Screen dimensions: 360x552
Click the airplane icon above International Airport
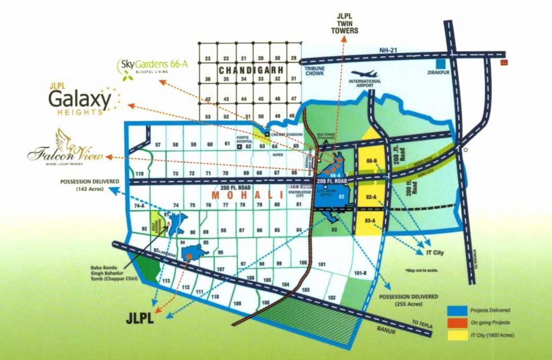click(364, 74)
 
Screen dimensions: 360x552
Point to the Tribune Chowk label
click(314, 71)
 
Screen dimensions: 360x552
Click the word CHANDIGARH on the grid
click(250, 70)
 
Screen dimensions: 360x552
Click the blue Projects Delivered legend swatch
click(457, 310)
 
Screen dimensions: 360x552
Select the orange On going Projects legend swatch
click(457, 322)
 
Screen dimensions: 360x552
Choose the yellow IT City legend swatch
click(457, 335)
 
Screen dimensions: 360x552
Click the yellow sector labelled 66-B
click(372, 162)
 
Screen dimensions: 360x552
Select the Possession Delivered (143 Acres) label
click(90, 185)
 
